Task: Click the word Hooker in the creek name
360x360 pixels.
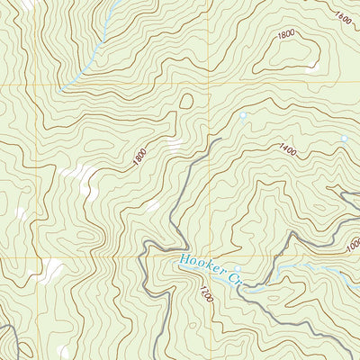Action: [199, 267]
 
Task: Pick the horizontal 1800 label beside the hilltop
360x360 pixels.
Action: [286, 34]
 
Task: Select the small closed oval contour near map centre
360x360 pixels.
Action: [187, 101]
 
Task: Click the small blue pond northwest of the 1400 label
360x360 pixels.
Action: [242, 115]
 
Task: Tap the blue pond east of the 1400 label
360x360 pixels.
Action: [343, 139]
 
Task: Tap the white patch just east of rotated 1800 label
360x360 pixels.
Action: [173, 144]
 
